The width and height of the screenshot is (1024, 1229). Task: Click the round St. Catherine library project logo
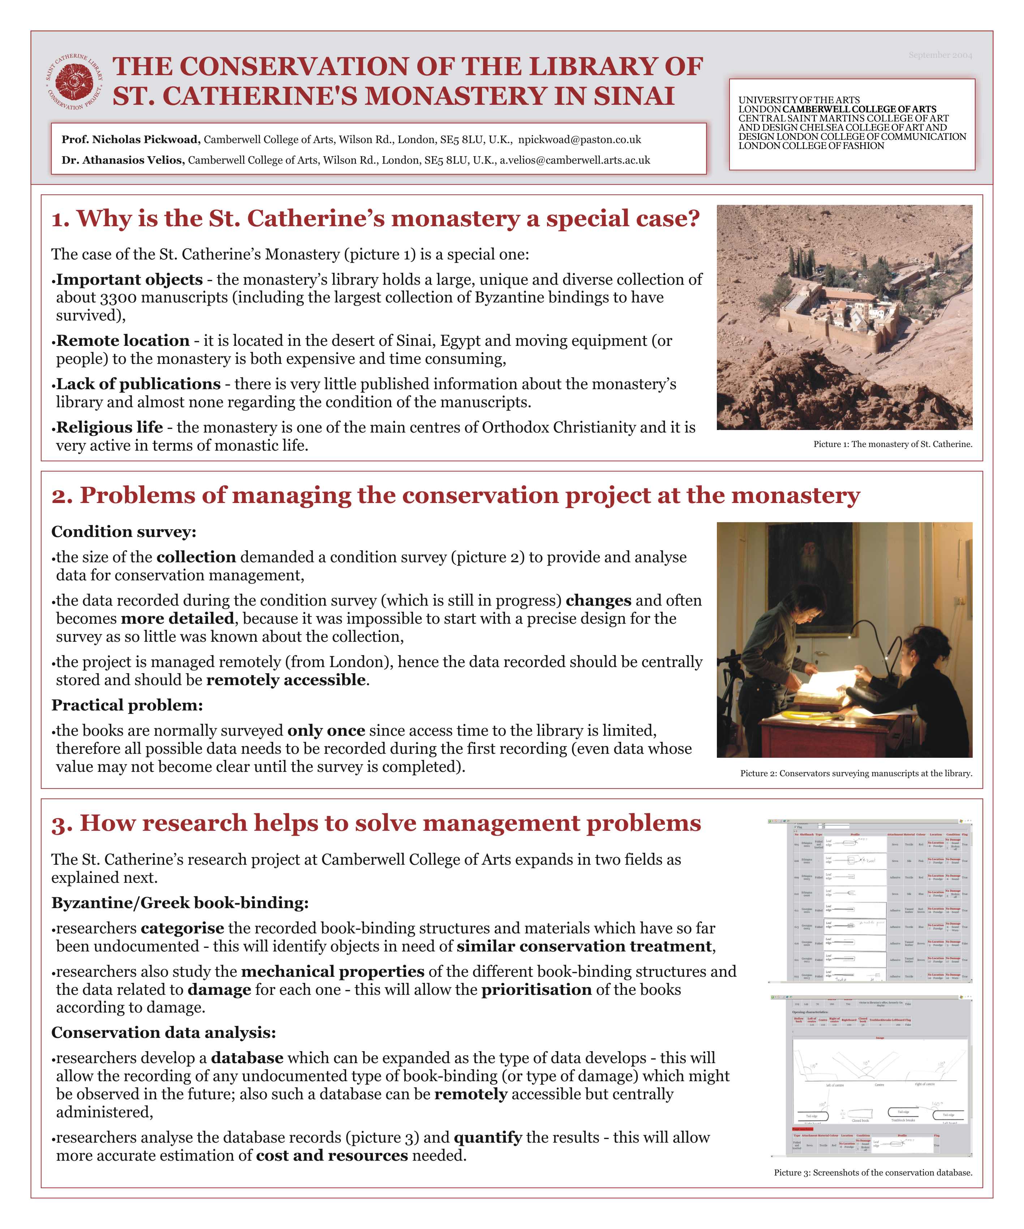pyautogui.click(x=75, y=82)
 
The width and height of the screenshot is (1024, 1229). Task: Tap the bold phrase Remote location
pyautogui.click(x=123, y=341)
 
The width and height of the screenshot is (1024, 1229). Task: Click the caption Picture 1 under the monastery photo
pyautogui.click(x=892, y=444)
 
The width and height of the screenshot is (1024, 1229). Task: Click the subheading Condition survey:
pyautogui.click(x=124, y=532)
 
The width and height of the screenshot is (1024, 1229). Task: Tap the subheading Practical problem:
pyautogui.click(x=127, y=705)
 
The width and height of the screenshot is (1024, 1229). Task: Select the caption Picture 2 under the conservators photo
pyautogui.click(x=856, y=774)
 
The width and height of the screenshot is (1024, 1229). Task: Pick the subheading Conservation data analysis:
pyautogui.click(x=163, y=1032)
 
